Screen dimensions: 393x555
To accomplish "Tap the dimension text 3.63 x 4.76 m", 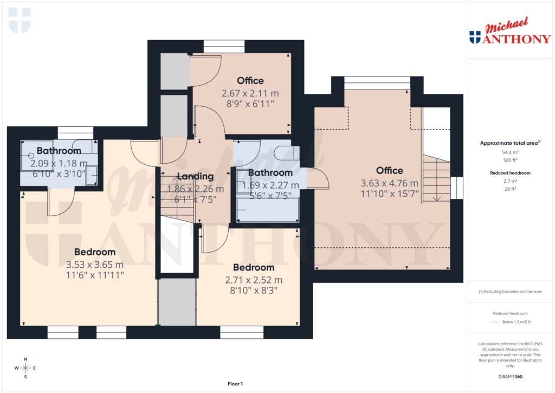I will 390,183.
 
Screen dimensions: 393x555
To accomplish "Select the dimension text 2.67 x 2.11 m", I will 250,93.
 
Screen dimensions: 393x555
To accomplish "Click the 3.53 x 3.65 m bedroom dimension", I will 95,265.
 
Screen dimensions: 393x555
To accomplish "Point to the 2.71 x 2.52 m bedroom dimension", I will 254,280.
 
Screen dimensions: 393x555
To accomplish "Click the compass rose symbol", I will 25,368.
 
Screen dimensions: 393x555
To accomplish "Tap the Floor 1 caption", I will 235,384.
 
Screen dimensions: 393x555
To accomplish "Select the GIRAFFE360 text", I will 511,377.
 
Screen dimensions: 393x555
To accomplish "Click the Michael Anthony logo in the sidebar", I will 510,32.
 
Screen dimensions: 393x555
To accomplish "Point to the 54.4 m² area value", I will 510,152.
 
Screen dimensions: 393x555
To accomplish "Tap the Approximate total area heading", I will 510,143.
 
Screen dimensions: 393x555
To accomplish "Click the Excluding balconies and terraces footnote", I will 510,292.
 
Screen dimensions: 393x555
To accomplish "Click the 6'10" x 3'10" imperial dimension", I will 59,173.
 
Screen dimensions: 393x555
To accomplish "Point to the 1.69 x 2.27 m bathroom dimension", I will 270,184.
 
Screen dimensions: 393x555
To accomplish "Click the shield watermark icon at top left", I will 20,21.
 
